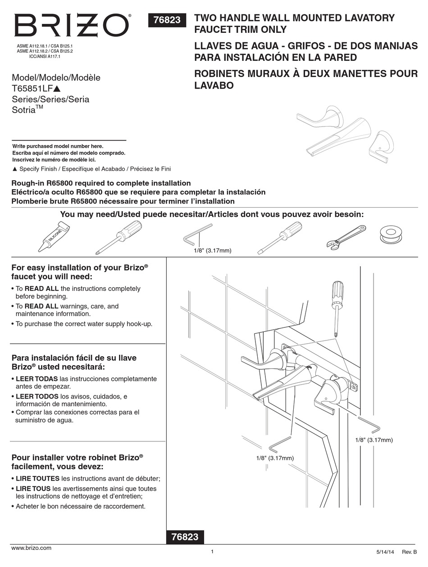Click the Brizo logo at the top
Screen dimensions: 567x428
coord(72,26)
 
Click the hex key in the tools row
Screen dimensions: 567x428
coord(197,234)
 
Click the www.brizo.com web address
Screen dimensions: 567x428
coord(31,548)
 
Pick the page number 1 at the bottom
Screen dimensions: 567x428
coord(212,551)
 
